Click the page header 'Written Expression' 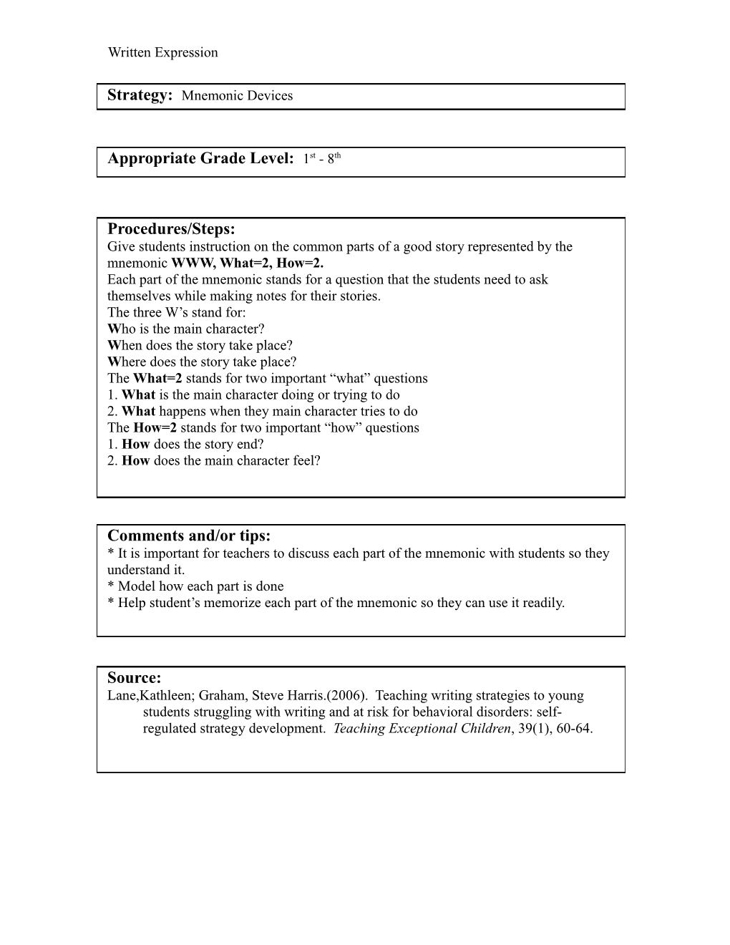[162, 52]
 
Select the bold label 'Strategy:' [140, 95]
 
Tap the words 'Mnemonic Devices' [237, 96]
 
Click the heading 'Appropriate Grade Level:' [200, 159]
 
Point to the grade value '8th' [334, 158]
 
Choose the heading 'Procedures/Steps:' [171, 229]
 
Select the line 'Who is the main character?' [186, 329]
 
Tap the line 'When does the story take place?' [200, 346]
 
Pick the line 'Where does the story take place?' [202, 362]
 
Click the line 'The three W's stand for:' [177, 313]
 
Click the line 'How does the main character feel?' [220, 461]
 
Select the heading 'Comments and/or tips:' [189, 536]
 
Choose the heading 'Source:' [134, 678]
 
